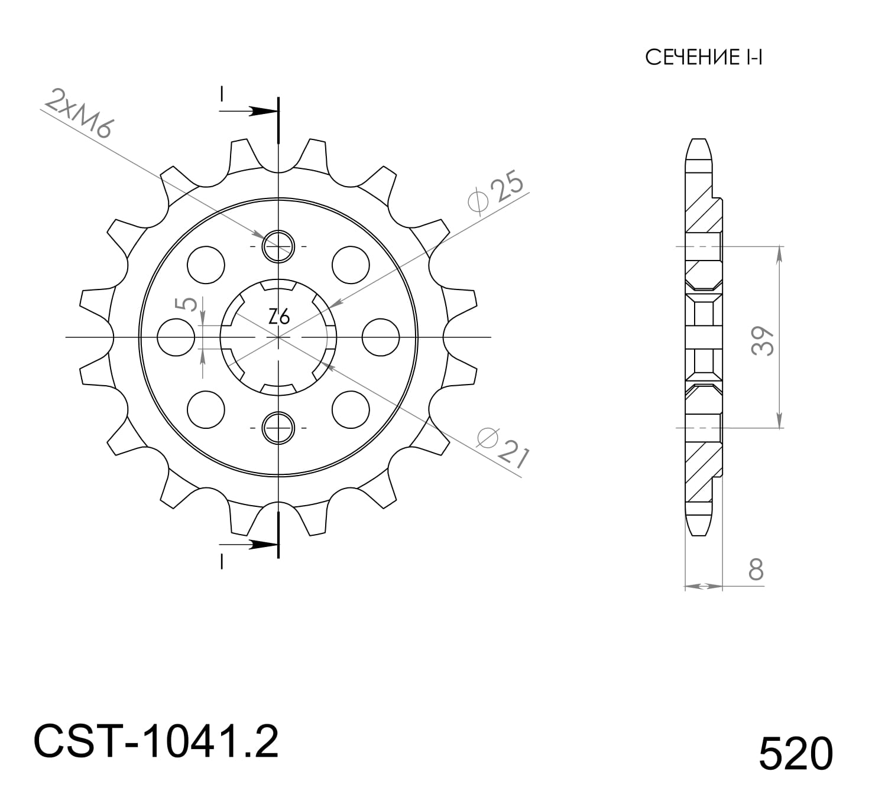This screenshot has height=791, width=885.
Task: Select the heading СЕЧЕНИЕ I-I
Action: coord(704,58)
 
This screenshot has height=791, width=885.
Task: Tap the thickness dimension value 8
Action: coord(756,570)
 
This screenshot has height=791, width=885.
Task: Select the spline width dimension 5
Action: coord(188,304)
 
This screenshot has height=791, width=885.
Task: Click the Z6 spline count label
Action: coord(279,317)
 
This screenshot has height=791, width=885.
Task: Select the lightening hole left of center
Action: coord(176,337)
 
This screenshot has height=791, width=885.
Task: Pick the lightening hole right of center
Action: coord(380,337)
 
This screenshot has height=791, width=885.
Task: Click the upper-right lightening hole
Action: coord(351,265)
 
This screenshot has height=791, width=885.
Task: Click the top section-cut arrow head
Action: coord(260,111)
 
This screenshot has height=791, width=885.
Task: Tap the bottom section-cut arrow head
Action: coord(260,545)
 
